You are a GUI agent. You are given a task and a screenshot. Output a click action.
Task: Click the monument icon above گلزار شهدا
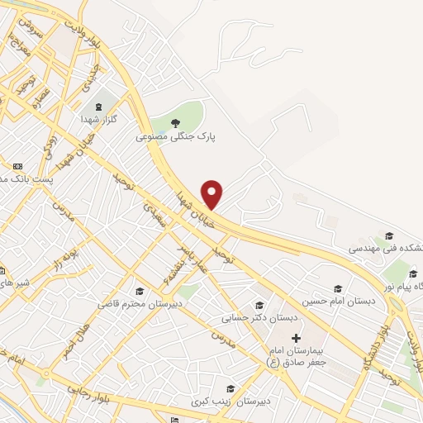pos(100,107)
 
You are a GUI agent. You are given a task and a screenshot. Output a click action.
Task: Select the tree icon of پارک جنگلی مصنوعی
pos(175,124)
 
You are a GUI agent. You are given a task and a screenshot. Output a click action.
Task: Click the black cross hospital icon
pos(296,339)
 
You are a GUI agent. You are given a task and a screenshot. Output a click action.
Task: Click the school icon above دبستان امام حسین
pos(337,288)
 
